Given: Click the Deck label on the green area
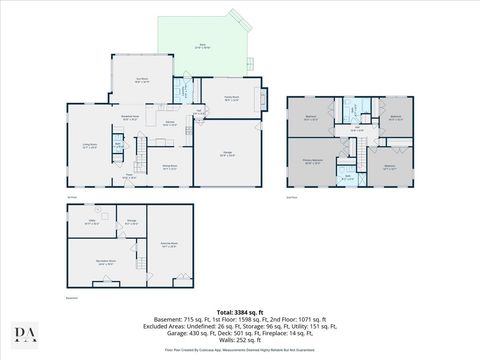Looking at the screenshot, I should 203,46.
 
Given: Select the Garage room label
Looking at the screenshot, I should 228,152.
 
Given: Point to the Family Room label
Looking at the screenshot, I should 228,97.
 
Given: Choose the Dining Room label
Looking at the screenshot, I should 169,166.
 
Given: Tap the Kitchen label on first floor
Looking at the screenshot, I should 170,124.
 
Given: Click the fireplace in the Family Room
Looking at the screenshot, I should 263,100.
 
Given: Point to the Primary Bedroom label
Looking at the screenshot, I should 312,159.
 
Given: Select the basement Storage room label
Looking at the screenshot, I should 131,222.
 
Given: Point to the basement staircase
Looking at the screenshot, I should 131,243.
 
